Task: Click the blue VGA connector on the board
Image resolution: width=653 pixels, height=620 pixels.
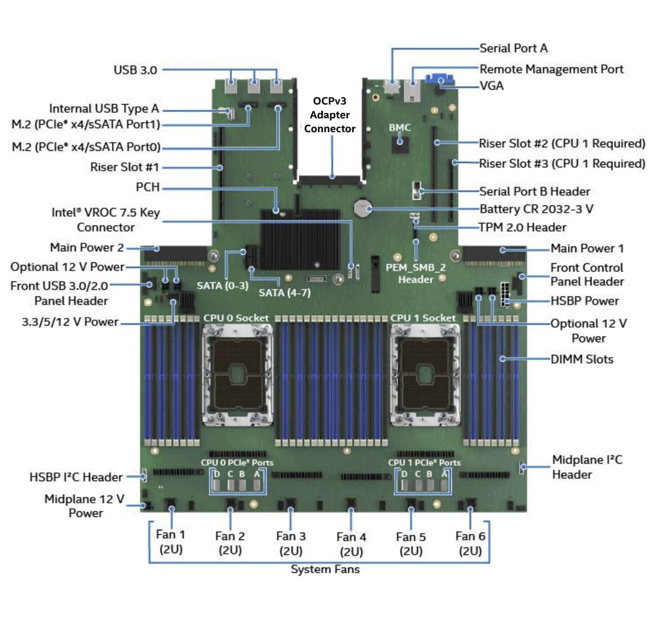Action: (x=439, y=79)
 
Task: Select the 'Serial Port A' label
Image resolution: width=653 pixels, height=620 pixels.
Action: (x=513, y=48)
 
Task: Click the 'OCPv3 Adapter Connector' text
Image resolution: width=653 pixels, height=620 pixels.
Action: (x=330, y=115)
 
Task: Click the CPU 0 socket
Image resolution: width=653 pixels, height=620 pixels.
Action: (x=237, y=375)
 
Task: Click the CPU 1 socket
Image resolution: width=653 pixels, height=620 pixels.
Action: (x=425, y=375)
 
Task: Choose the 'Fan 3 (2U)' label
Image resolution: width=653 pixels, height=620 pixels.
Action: (x=291, y=543)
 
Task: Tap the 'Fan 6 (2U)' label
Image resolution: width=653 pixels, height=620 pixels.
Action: (x=470, y=543)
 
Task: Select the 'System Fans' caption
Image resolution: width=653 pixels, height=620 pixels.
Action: (x=325, y=569)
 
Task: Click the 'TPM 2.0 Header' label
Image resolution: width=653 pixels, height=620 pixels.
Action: (x=522, y=227)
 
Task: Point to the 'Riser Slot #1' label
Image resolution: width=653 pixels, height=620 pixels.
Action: (x=124, y=167)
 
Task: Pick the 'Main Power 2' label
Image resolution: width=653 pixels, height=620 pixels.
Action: (x=87, y=247)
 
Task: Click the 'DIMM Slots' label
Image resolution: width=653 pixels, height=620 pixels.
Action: (x=582, y=359)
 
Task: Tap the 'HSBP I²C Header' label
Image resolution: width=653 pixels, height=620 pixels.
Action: (x=76, y=477)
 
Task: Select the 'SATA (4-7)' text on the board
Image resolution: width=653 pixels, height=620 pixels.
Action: (x=285, y=293)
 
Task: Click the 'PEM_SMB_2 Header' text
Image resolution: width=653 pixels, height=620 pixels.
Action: (x=416, y=274)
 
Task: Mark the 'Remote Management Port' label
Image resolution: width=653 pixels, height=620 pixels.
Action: (x=551, y=69)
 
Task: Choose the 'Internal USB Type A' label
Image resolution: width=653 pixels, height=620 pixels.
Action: (x=104, y=108)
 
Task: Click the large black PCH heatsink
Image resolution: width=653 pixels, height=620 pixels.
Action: (x=299, y=239)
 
